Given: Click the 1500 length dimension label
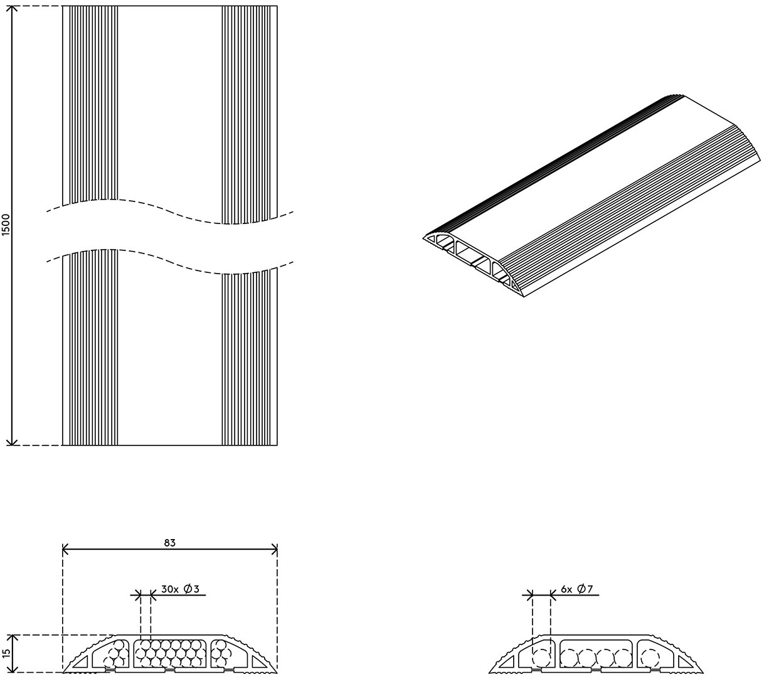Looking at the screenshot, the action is click(6, 225).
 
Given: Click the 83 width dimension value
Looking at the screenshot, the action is click(170, 543).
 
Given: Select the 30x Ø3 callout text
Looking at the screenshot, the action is click(180, 589).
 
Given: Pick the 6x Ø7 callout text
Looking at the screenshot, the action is click(577, 589).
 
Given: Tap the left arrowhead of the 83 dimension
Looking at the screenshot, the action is click(66, 549).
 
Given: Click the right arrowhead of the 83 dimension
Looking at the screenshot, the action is click(273, 549).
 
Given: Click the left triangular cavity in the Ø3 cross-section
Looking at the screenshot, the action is click(81, 661).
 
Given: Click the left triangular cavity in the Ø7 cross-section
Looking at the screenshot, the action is click(507, 661).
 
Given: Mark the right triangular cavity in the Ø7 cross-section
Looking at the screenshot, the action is click(685, 661).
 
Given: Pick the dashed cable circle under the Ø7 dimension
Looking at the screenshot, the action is click(541, 658).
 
